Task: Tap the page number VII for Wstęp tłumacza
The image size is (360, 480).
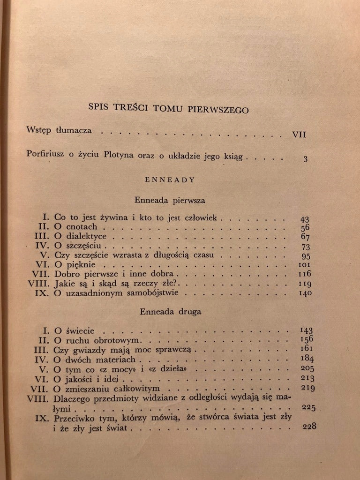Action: click(299, 134)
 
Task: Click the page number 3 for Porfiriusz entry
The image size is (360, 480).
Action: click(305, 158)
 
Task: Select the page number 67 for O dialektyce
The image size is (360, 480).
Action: click(305, 237)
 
